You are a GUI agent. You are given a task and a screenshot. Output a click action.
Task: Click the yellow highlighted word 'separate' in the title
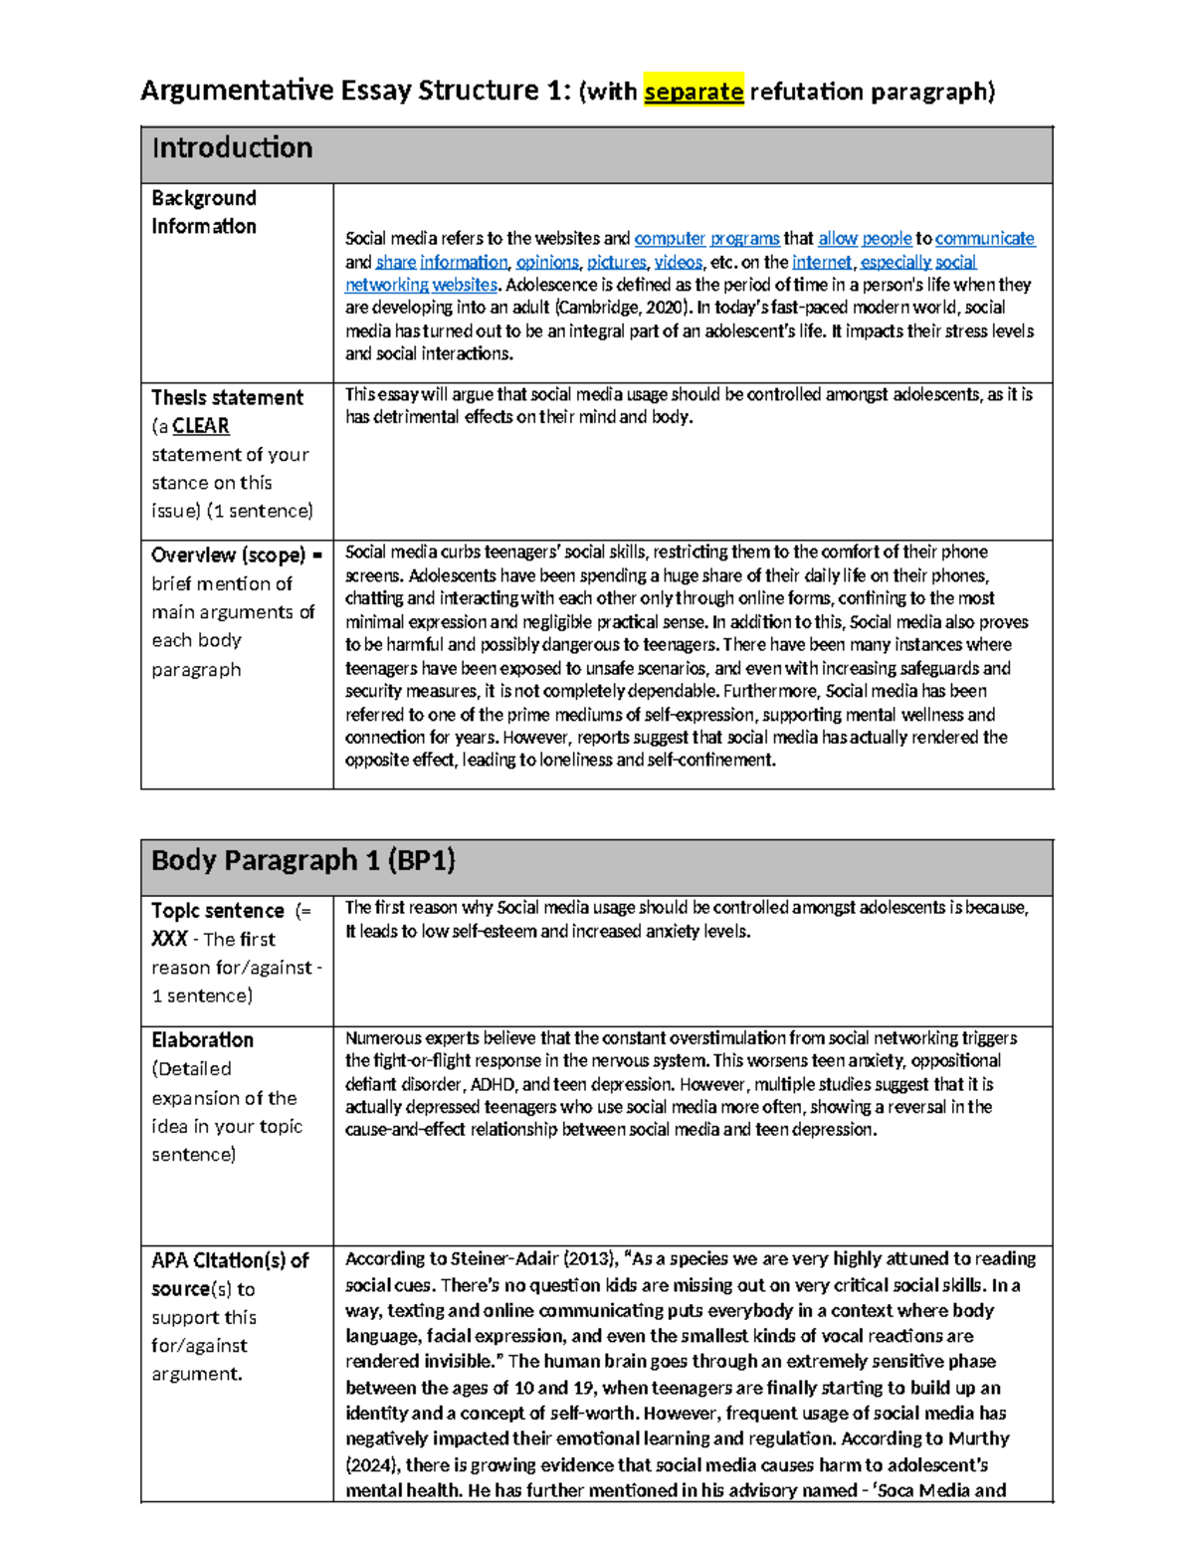694,92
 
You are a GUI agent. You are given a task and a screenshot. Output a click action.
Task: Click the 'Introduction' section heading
232,148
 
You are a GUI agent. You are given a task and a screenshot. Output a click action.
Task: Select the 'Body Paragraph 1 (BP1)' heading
302,860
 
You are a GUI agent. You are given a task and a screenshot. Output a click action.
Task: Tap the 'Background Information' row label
204,212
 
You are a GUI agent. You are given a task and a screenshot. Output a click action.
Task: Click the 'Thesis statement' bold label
227,397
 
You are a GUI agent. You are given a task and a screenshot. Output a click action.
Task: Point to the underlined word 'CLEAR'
201,426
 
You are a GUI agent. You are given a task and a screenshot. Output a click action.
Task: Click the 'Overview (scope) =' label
236,555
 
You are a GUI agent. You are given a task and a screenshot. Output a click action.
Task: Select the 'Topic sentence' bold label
218,911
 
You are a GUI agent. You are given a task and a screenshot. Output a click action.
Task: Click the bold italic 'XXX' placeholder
169,939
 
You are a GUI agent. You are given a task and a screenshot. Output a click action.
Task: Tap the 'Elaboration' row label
203,1040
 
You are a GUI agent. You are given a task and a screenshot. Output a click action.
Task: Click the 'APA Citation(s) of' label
230,1260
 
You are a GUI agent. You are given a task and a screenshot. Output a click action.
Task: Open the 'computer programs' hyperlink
706,239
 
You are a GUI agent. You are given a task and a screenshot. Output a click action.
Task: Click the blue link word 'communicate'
984,239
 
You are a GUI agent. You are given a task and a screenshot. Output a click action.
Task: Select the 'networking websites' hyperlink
421,285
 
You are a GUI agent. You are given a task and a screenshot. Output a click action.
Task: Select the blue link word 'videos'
678,262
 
